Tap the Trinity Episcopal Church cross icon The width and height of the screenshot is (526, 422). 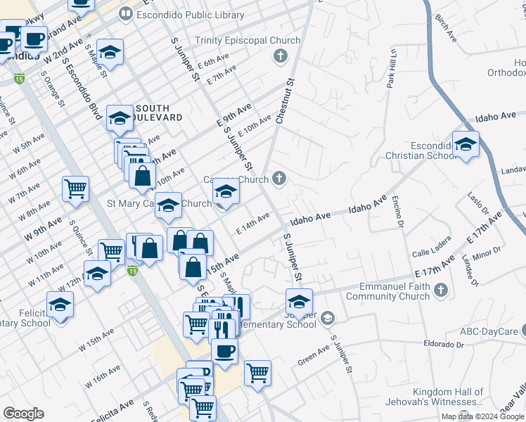tap(281, 55)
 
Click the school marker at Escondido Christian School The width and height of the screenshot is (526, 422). tap(466, 144)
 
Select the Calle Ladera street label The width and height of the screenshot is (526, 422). tap(430, 253)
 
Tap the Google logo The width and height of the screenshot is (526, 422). tap(23, 414)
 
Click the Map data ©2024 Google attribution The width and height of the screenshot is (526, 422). tap(482, 416)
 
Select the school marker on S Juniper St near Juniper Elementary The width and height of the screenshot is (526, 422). tap(299, 302)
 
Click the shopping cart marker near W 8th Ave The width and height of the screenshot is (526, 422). tap(75, 188)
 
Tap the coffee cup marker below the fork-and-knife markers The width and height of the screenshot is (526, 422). tap(224, 351)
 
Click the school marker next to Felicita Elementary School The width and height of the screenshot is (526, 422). tap(60, 305)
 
